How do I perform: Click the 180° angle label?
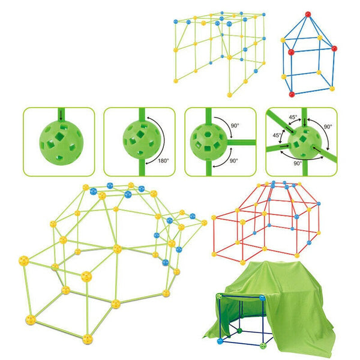coord(163,161)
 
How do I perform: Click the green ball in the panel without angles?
coord(61,143)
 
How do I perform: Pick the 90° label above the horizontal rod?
coord(235,125)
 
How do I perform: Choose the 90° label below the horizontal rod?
coord(233,161)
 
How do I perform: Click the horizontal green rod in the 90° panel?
coord(241,142)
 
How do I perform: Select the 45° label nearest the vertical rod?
coord(293,117)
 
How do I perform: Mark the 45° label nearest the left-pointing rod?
coord(277,135)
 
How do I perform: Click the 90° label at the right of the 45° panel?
coord(328,127)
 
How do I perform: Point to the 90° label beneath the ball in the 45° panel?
coord(298,163)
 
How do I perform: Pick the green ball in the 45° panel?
coord(305,142)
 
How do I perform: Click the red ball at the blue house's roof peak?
coord(308,14)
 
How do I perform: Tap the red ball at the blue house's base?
coord(292,94)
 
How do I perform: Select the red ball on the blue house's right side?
coord(334,49)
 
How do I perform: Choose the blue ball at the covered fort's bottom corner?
coord(220,341)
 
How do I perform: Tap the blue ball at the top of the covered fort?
coord(262,298)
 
